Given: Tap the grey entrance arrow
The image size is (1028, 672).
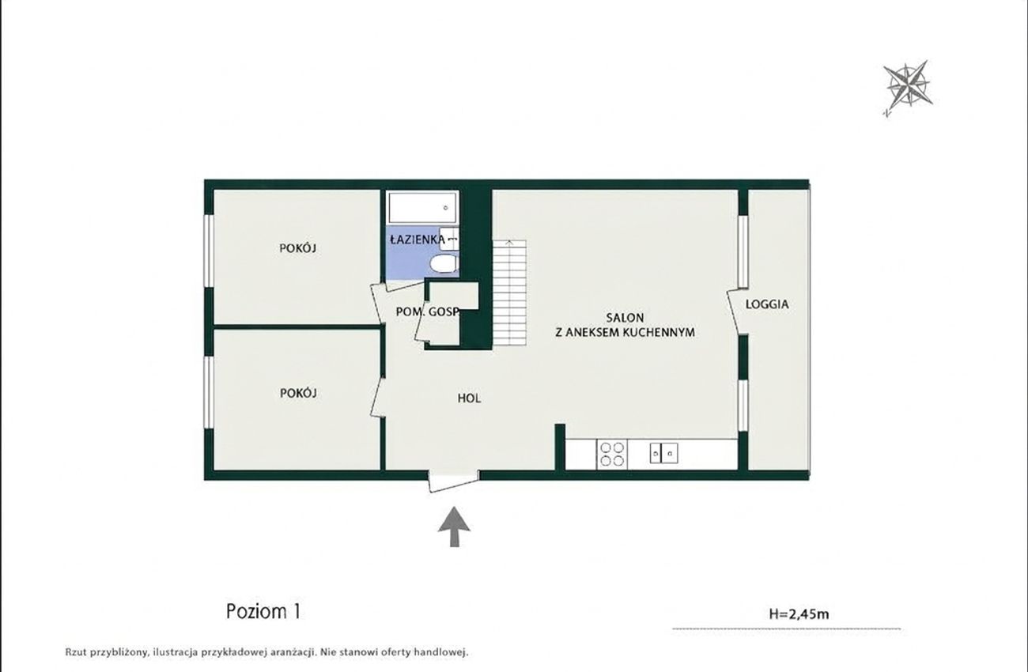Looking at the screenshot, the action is (454, 527).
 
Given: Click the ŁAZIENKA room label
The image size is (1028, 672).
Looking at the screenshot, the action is (418, 239).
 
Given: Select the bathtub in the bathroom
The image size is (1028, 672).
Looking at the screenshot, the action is (423, 208).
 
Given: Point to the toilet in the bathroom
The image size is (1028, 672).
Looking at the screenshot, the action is (444, 265).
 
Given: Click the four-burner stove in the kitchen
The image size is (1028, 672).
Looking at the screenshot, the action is (612, 454).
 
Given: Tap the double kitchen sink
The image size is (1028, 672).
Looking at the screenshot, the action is (663, 453).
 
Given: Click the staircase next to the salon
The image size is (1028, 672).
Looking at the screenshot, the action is (509, 293).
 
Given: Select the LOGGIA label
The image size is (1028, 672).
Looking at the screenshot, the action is (767, 304).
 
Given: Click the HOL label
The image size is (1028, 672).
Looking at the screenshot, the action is (469, 398).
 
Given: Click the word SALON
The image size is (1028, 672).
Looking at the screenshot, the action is (625, 318).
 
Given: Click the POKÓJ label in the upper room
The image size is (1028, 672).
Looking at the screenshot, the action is (298, 248).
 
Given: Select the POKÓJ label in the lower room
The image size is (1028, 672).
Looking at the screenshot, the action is (298, 393).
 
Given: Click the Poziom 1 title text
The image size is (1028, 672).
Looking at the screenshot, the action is (263, 611).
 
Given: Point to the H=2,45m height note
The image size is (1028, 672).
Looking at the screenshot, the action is (799, 613).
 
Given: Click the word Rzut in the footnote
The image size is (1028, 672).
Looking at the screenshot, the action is (75, 651).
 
